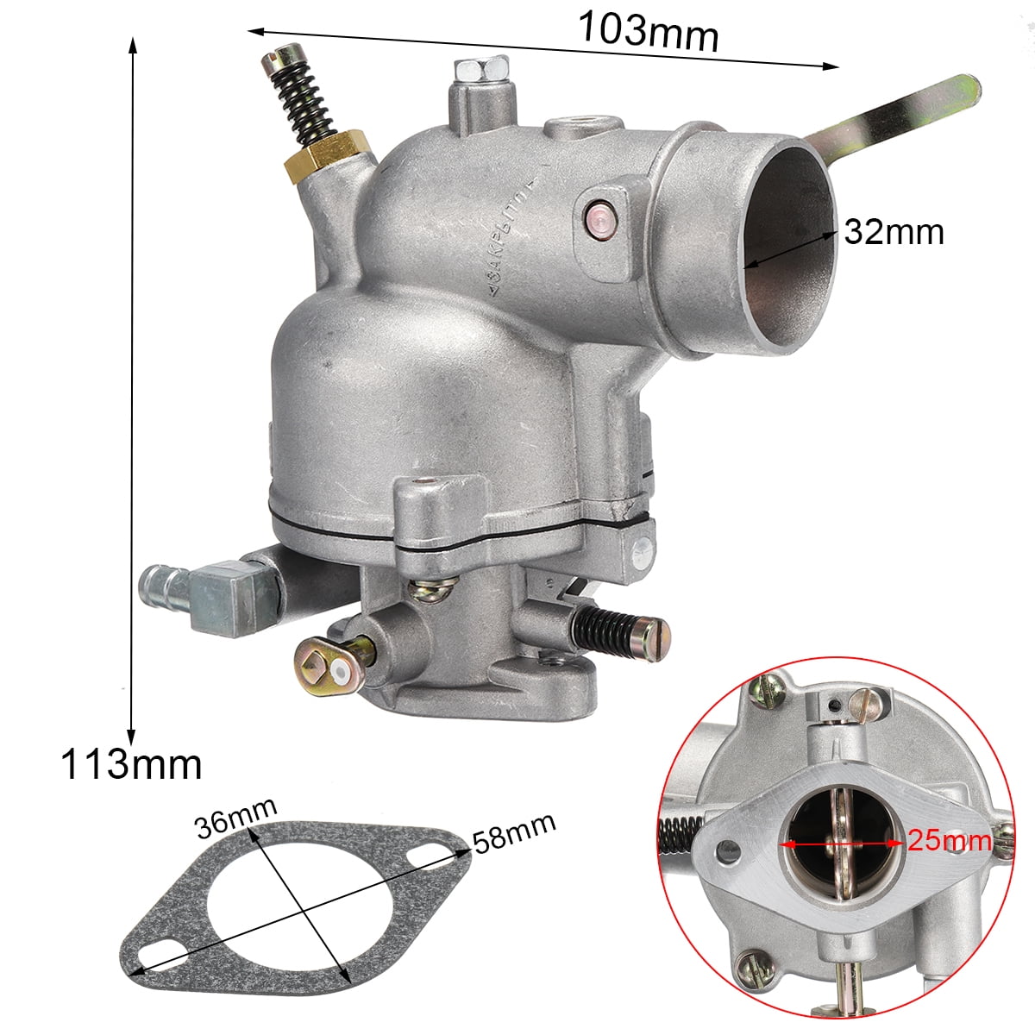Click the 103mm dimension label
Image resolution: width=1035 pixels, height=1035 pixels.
point(649,31)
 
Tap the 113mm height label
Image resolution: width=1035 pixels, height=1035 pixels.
point(132,764)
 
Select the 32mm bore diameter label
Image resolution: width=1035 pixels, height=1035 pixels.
point(894,232)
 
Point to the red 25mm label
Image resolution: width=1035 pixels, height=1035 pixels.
point(950,841)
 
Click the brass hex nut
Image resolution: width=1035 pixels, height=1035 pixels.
point(327,155)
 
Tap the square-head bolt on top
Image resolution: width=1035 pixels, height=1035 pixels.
point(482,69)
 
